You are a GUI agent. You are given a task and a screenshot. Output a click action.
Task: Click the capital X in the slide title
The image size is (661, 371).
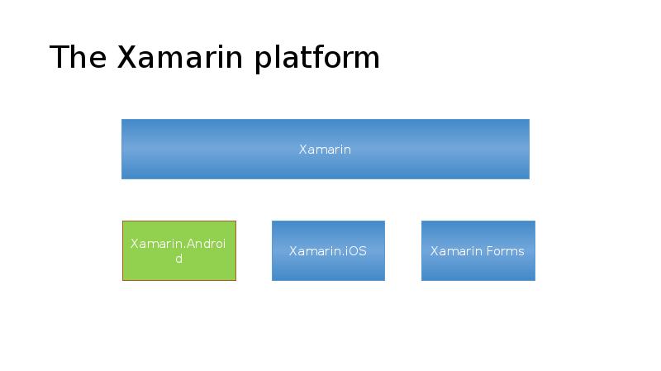pyautogui.click(x=128, y=58)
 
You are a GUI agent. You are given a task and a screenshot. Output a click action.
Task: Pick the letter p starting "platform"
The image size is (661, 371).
pyautogui.click(x=262, y=61)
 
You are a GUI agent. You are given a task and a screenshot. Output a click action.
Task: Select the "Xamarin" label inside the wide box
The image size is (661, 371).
pyautogui.click(x=325, y=150)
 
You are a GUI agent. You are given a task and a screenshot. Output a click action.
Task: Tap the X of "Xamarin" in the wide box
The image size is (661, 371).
pyautogui.click(x=302, y=150)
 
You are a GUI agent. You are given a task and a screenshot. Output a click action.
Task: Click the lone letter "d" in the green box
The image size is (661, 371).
pyautogui.click(x=179, y=259)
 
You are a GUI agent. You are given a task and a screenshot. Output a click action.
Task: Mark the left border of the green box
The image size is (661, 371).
pyautogui.click(x=123, y=250)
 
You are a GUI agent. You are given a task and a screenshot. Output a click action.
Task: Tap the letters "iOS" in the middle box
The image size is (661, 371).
pyautogui.click(x=356, y=251)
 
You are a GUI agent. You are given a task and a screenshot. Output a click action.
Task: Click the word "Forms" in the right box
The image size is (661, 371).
pyautogui.click(x=504, y=251)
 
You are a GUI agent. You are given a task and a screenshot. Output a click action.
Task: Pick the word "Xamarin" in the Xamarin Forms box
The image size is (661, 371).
pyautogui.click(x=455, y=251)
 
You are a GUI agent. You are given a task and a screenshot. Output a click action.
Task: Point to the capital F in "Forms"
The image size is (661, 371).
pyautogui.click(x=487, y=251)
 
